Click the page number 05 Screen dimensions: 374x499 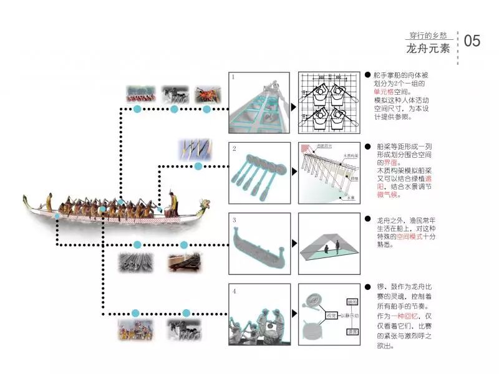472,41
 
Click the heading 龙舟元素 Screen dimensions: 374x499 428,48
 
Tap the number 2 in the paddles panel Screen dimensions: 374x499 234,148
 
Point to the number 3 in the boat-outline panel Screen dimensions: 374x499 234,220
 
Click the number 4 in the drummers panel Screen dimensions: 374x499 234,290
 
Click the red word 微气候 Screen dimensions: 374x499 388,195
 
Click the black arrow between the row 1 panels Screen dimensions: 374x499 294,107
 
